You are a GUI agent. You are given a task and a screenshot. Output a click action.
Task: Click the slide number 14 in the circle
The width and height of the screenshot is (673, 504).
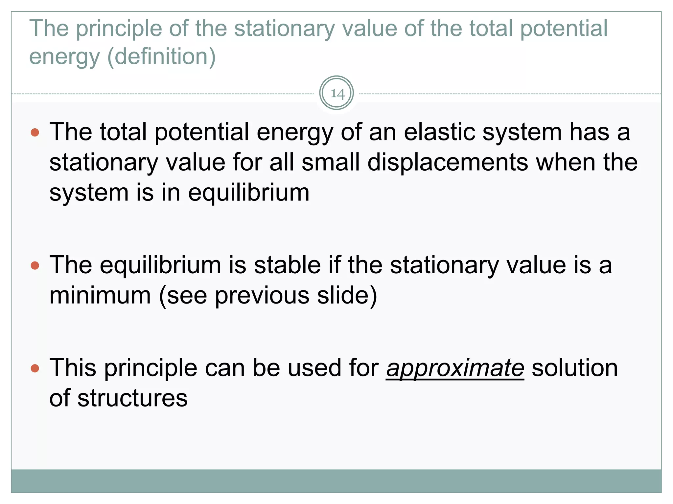[x=337, y=94]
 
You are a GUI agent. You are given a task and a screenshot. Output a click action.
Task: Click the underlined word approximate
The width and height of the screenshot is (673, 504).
[x=455, y=368]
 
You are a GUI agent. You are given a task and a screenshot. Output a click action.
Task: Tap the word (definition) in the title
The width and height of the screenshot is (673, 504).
[x=161, y=56]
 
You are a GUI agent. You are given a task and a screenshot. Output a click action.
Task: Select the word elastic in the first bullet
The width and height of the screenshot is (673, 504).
[x=439, y=132]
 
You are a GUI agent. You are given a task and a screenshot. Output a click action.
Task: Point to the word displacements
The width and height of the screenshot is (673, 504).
[x=447, y=163]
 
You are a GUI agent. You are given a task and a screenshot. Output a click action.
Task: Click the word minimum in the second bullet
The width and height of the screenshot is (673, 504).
[x=100, y=296]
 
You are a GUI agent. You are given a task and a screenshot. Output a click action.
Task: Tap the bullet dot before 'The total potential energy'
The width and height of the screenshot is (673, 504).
[x=35, y=133]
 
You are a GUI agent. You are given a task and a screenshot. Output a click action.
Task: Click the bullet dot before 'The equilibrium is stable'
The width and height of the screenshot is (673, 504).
[x=35, y=265]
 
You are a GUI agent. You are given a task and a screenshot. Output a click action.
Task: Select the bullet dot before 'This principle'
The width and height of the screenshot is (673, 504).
[x=35, y=368]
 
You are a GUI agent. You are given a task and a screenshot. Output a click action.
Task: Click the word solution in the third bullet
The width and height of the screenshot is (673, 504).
[x=575, y=368]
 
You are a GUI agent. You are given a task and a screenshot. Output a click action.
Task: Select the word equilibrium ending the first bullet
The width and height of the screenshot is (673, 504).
[x=248, y=193]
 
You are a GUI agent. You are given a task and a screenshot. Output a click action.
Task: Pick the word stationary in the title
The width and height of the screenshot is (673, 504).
[x=284, y=29]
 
